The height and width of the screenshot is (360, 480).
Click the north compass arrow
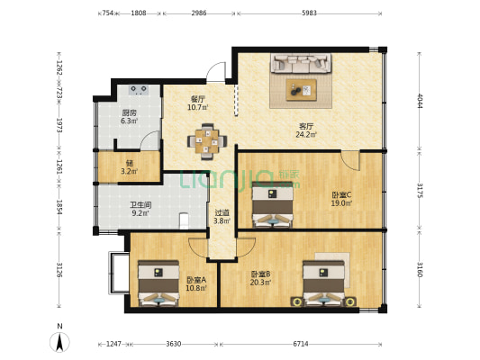(x=59, y=342)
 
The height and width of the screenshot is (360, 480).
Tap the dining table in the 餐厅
(x=207, y=141)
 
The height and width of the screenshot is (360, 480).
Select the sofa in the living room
(x=301, y=63)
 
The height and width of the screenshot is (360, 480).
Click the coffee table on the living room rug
(x=301, y=90)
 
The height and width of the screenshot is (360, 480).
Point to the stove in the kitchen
(x=139, y=90)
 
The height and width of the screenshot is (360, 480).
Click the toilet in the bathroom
(x=184, y=220)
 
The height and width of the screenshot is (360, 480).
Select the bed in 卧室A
(x=158, y=283)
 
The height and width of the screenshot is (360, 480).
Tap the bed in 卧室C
(x=272, y=204)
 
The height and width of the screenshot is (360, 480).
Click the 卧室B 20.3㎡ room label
(x=260, y=278)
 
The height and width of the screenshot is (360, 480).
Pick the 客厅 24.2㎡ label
(x=306, y=130)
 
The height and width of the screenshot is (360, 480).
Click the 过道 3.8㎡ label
(x=222, y=217)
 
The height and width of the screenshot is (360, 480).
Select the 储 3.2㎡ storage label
(x=129, y=167)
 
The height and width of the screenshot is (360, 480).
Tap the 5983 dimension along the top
(x=309, y=13)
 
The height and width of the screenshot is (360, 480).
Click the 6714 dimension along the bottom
(x=301, y=344)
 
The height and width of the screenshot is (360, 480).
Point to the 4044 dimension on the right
(x=420, y=101)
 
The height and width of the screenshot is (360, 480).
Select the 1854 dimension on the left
(x=59, y=207)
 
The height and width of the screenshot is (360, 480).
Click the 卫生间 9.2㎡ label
(x=140, y=209)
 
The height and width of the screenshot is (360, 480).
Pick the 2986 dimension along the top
(x=199, y=13)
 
